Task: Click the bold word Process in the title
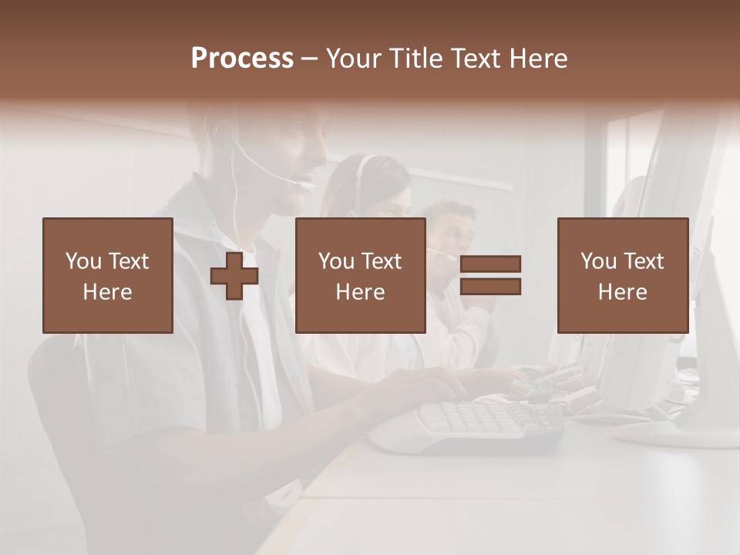click(x=242, y=59)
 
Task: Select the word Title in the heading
click(x=415, y=59)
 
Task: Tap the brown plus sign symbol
click(x=234, y=275)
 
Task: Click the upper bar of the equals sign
click(x=490, y=264)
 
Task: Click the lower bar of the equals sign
click(x=490, y=286)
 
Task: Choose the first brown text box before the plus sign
click(x=108, y=275)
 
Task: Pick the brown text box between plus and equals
click(x=360, y=275)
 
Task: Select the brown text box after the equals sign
click(x=622, y=275)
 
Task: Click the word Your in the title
click(x=354, y=59)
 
